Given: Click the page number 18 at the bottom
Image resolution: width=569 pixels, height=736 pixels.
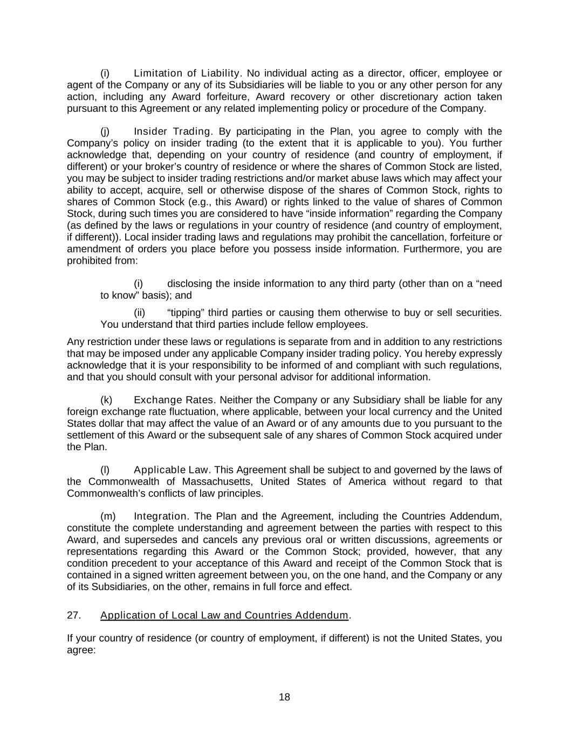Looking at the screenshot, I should click(x=284, y=697).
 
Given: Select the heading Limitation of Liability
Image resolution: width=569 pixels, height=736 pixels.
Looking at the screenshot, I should click(x=186, y=73).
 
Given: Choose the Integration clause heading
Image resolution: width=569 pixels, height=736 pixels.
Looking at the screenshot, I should click(x=161, y=516).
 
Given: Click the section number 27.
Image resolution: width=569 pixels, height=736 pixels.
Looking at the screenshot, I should click(x=73, y=615).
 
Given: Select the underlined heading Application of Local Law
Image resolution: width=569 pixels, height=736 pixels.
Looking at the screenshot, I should click(x=224, y=615).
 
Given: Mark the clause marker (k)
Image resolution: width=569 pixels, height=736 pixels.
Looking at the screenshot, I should click(x=106, y=400).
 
